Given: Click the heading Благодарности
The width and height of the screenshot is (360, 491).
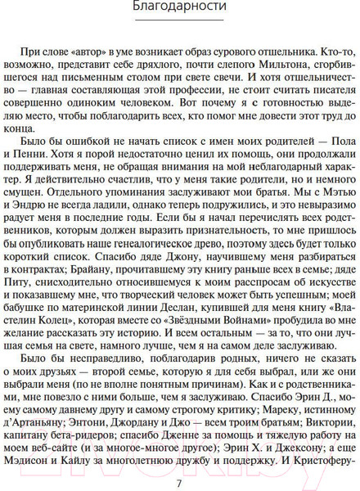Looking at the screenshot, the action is [180, 11].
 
